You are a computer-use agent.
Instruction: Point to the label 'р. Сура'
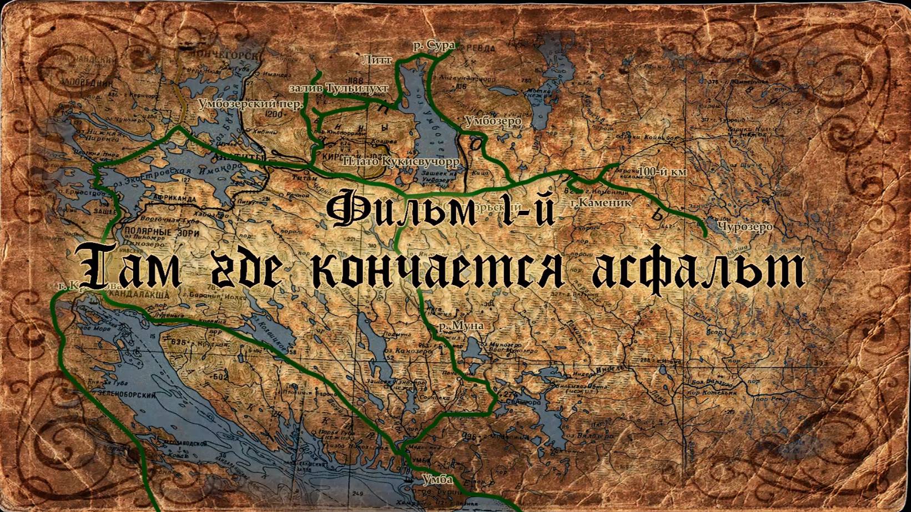click(x=434, y=47)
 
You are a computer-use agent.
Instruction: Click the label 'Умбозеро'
click(x=492, y=121)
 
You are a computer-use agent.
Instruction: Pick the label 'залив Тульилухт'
click(x=338, y=88)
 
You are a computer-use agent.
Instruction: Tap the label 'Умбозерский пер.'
click(x=250, y=104)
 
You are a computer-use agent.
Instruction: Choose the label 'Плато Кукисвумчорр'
click(x=401, y=161)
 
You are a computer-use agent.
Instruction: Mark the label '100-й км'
click(x=662, y=172)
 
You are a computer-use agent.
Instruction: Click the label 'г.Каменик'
click(x=601, y=202)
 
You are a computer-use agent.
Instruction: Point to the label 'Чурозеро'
click(x=744, y=227)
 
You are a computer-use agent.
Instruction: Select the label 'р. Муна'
click(x=461, y=326)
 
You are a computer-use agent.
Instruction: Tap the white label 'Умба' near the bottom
click(x=437, y=479)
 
